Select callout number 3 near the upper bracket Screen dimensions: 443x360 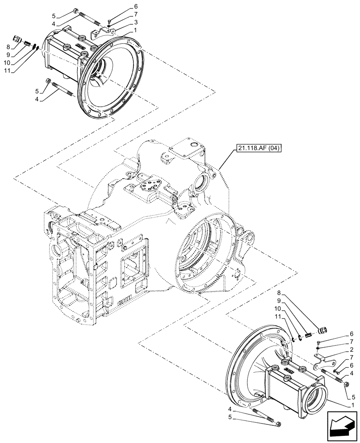pyautogui.click(x=136, y=22)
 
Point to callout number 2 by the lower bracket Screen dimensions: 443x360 pyautogui.click(x=352, y=349)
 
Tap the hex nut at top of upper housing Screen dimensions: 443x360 pyautogui.click(x=77, y=12)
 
